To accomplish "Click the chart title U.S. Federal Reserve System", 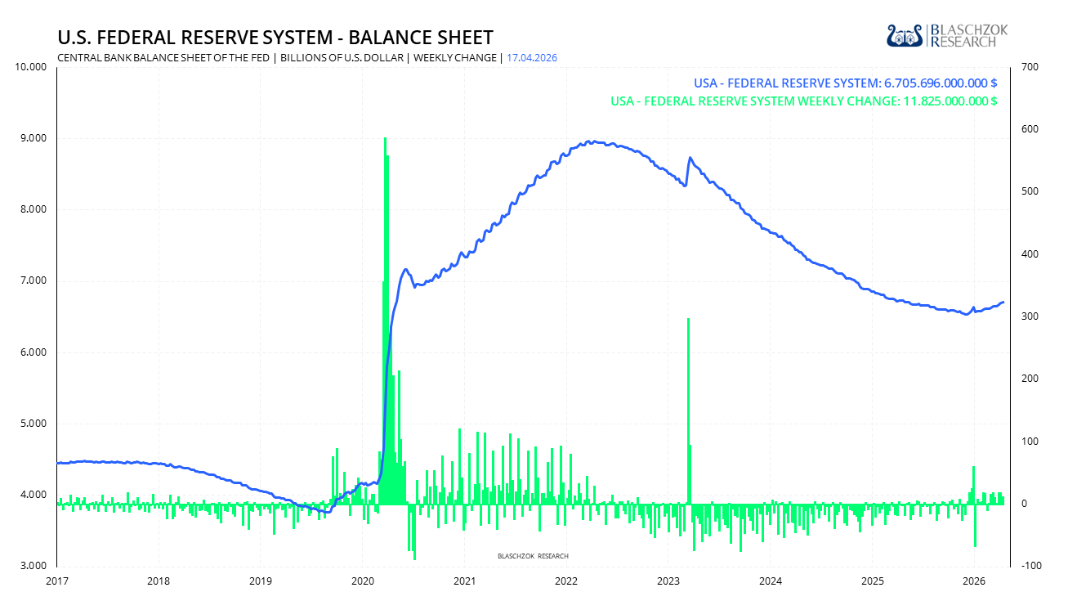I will click(x=275, y=38).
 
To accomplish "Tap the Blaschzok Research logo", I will click(x=947, y=35).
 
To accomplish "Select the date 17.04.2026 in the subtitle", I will click(x=533, y=57).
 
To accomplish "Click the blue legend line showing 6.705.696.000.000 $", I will click(x=845, y=83).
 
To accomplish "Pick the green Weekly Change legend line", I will click(x=803, y=101).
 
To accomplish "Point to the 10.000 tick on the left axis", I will click(x=31, y=66).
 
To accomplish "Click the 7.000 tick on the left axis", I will click(x=34, y=280).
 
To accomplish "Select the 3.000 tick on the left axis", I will click(x=34, y=566).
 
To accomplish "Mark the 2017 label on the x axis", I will click(x=57, y=581).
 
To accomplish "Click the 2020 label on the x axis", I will click(x=363, y=581).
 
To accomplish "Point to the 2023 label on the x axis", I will click(x=668, y=581).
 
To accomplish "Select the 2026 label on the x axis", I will click(x=974, y=581).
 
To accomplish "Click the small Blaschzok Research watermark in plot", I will click(x=533, y=556).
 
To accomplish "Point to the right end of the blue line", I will click(x=1003, y=303).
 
